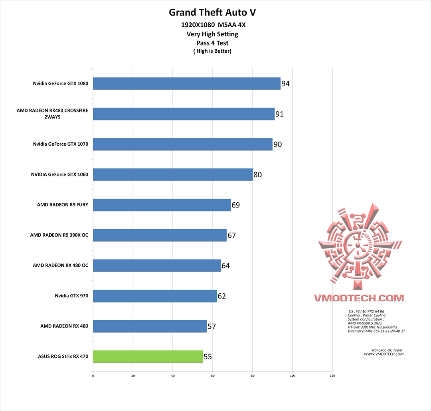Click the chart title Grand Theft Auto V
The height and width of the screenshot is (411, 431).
(212, 12)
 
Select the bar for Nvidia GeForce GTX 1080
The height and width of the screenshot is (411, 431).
(186, 84)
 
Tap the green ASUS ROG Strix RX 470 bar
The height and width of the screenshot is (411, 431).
(148, 357)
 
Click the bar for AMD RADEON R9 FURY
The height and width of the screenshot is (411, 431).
(162, 205)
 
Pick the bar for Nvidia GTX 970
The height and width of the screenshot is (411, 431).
(154, 296)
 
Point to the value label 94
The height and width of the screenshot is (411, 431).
(285, 84)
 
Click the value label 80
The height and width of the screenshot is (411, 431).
(257, 175)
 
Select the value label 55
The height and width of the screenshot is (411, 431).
(208, 357)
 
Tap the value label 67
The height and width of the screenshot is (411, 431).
(232, 235)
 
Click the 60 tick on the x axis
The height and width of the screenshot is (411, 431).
(213, 375)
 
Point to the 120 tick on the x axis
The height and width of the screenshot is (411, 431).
(332, 375)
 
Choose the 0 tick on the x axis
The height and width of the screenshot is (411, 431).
(93, 375)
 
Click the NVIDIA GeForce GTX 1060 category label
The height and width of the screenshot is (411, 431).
(59, 175)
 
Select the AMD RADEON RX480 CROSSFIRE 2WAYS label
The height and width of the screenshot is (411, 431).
(52, 114)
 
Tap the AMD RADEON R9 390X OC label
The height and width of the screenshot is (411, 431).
(59, 235)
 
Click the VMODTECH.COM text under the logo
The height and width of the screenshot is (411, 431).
(358, 298)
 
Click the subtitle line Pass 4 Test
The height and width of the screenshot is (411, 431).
(212, 43)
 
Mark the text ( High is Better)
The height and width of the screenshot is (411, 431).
(212, 51)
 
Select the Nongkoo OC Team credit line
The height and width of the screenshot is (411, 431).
(387, 350)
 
